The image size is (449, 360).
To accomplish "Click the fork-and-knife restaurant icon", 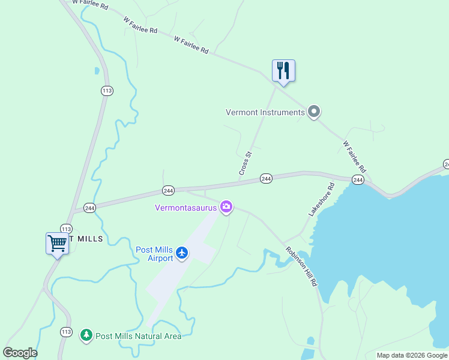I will point(283,71).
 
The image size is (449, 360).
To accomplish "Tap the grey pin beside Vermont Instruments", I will point(313,112).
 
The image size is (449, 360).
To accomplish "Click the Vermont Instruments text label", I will point(265,112).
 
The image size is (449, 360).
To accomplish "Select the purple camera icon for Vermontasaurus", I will point(226,208).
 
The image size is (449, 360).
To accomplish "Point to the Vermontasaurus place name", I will point(186,208).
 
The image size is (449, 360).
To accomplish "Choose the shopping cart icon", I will point(57,244).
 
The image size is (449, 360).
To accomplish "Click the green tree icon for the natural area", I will point(86,335).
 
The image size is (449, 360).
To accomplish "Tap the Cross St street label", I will point(245,164).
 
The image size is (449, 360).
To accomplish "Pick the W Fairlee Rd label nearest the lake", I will point(354,157).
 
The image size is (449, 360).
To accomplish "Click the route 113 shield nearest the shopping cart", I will point(66,229).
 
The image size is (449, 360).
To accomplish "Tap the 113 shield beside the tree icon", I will point(65,331).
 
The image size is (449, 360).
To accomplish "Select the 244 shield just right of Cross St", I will point(267,178).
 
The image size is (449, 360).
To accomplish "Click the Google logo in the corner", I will point(20,353).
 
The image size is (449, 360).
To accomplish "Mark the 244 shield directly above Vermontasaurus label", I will point(168,190).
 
